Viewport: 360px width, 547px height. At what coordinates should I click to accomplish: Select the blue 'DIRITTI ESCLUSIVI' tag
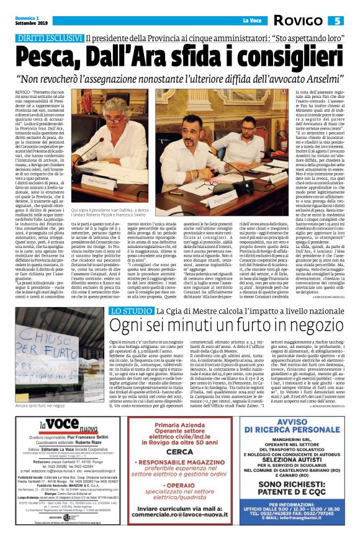51,38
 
